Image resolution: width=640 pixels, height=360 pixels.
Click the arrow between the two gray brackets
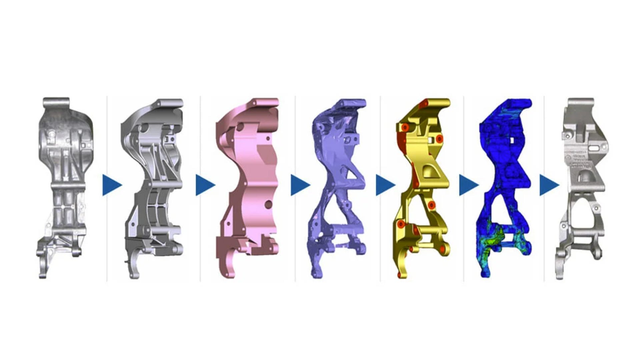tap(111, 185)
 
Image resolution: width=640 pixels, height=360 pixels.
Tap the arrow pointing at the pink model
tap(205, 185)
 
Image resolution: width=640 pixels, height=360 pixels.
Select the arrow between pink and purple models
tap(299, 185)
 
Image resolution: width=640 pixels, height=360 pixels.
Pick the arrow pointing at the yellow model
tap(385, 185)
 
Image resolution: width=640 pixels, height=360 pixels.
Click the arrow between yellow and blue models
tap(468, 185)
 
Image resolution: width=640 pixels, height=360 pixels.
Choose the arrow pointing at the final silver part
tap(549, 185)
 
